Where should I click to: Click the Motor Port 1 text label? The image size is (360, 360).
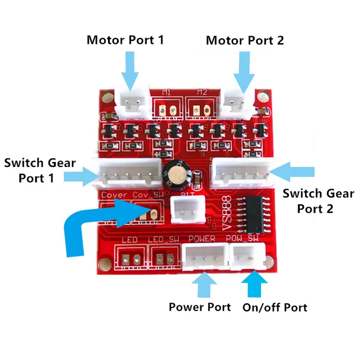(x=125, y=40)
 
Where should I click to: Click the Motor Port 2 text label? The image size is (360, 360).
(x=245, y=40)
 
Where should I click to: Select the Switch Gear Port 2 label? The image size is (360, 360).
(x=318, y=201)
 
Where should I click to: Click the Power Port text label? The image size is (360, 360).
(x=200, y=307)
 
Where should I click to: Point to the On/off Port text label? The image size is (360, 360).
(x=274, y=307)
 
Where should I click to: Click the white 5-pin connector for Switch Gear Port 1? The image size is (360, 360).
(x=125, y=173)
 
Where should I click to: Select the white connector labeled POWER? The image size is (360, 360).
(x=202, y=259)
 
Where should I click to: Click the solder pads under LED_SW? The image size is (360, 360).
(x=161, y=259)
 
